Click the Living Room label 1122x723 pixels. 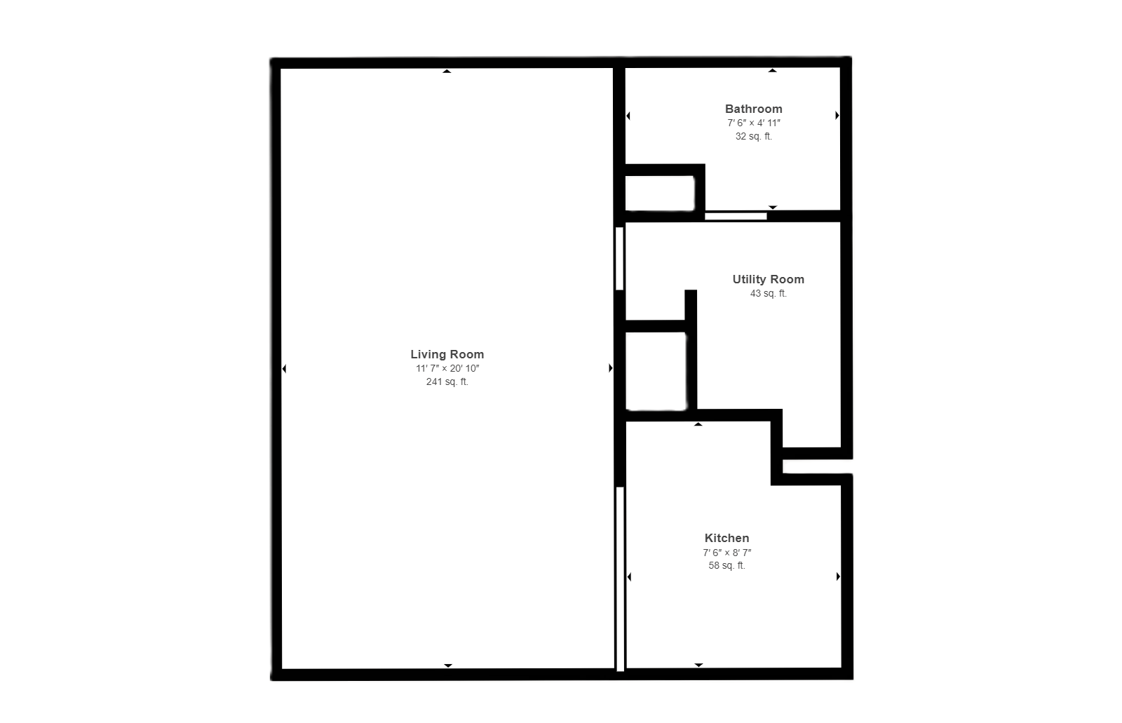pyautogui.click(x=447, y=354)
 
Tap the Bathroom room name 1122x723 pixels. pyautogui.click(x=753, y=109)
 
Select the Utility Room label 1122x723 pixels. pyautogui.click(x=769, y=279)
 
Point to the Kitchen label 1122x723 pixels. pyautogui.click(x=726, y=538)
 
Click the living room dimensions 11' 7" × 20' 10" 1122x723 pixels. pyautogui.click(x=447, y=368)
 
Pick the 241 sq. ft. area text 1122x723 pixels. pyautogui.click(x=447, y=381)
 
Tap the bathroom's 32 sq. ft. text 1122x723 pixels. pyautogui.click(x=753, y=136)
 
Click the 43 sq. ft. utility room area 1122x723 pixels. pyautogui.click(x=769, y=293)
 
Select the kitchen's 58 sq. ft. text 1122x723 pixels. pyautogui.click(x=726, y=565)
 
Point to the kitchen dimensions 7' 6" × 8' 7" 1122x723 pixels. pyautogui.click(x=726, y=553)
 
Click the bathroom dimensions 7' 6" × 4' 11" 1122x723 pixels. pyautogui.click(x=753, y=123)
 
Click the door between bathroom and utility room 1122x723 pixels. pyautogui.click(x=736, y=216)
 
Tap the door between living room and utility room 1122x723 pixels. pyautogui.click(x=620, y=259)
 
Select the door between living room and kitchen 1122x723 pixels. pyautogui.click(x=620, y=579)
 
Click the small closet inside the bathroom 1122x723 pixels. pyautogui.click(x=660, y=193)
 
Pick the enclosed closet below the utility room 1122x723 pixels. pyautogui.click(x=656, y=371)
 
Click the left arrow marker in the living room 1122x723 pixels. pyautogui.click(x=284, y=369)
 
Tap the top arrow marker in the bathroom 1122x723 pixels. pyautogui.click(x=772, y=71)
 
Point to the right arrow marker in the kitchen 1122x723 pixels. pyautogui.click(x=838, y=576)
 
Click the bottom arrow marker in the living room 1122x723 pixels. pyautogui.click(x=448, y=665)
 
